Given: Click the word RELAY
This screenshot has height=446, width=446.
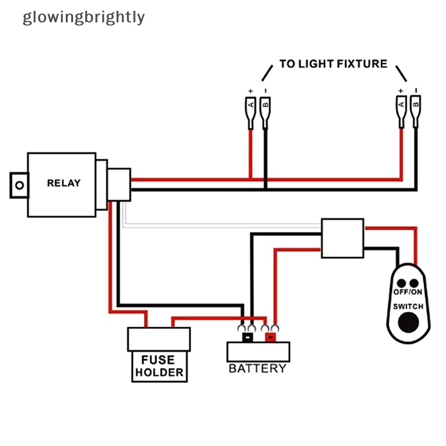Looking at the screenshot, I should pyautogui.click(x=64, y=183).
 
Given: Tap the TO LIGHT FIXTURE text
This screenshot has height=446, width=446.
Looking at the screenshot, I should pyautogui.click(x=333, y=64).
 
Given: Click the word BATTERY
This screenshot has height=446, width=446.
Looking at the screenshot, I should pyautogui.click(x=257, y=369).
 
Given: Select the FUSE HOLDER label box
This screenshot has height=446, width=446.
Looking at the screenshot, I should pyautogui.click(x=159, y=366).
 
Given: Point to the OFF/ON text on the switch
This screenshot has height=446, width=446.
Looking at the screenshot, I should pyautogui.click(x=408, y=292).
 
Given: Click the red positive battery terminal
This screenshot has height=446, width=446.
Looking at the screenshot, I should pyautogui.click(x=270, y=337).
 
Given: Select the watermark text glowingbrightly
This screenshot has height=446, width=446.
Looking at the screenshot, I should pyautogui.click(x=84, y=17).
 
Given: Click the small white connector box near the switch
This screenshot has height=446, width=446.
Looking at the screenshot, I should pyautogui.click(x=342, y=237).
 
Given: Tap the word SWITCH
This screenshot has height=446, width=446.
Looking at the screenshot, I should pyautogui.click(x=408, y=307).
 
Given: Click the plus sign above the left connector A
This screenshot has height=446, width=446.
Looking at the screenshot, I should pyautogui.click(x=251, y=91).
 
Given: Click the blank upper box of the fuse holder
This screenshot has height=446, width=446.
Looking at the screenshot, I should pyautogui.click(x=159, y=339).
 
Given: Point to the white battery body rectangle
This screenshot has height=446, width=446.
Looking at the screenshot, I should pyautogui.click(x=258, y=351).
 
